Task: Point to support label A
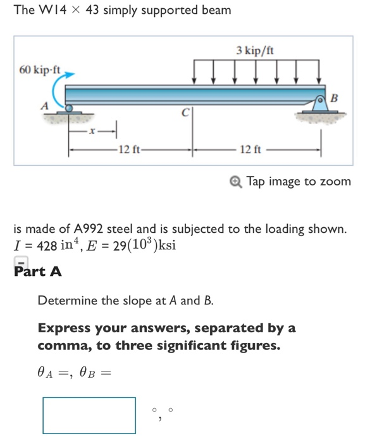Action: point(44,106)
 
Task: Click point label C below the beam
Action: point(185,114)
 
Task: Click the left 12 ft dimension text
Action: point(131,149)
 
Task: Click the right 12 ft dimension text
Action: point(251,149)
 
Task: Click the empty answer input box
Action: point(89,415)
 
